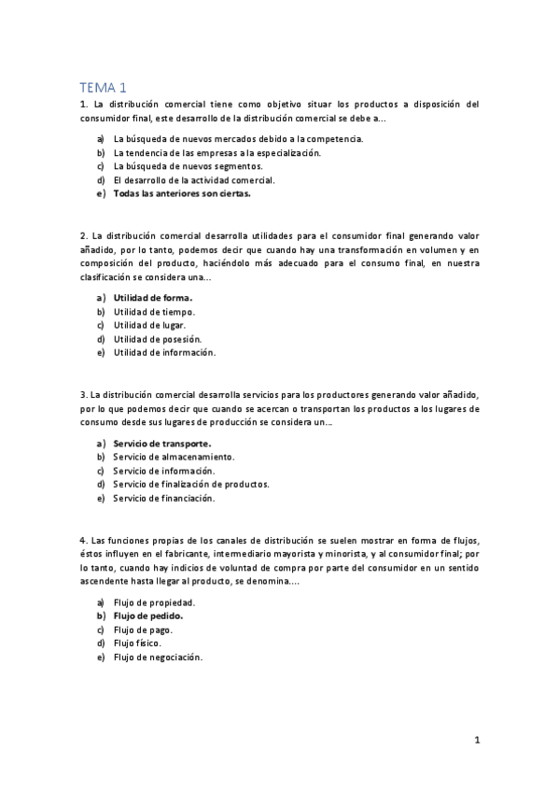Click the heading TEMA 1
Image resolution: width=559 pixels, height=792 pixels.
tap(105, 87)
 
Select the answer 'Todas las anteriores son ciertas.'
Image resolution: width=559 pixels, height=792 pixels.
tap(182, 194)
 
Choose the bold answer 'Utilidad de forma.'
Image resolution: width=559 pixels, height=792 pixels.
tap(153, 298)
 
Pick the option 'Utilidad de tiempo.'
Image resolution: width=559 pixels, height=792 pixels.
tap(154, 311)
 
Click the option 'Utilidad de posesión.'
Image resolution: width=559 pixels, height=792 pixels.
tap(158, 339)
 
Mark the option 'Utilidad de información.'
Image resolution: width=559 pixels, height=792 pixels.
tap(164, 353)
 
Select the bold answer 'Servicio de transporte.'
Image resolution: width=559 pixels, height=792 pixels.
tap(162, 443)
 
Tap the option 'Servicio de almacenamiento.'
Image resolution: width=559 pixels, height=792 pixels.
tap(174, 457)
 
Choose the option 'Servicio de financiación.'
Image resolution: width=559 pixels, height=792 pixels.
tap(164, 499)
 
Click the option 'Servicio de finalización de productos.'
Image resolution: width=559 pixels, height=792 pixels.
tap(191, 485)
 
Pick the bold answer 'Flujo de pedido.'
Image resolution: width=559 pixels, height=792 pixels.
tap(148, 616)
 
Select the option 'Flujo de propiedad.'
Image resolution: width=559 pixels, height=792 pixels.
tap(154, 602)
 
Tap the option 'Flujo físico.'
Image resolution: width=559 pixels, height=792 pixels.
tap(137, 643)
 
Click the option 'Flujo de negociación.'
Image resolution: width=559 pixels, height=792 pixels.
tap(158, 658)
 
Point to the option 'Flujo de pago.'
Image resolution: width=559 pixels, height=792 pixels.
tap(142, 630)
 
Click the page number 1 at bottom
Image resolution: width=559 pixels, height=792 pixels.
tap(477, 741)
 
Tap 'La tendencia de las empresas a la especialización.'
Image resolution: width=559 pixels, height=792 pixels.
tap(217, 152)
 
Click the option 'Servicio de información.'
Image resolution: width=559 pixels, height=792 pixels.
tap(163, 471)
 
